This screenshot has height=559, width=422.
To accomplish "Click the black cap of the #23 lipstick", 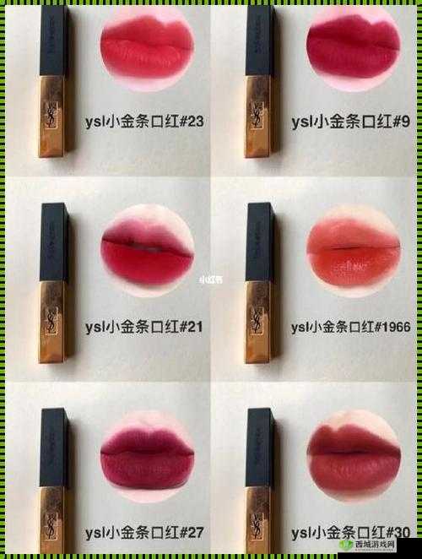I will tap(53, 38).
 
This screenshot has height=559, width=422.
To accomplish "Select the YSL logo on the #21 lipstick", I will tap(52, 322).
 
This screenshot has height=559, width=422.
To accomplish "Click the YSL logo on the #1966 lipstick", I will tap(257, 322).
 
